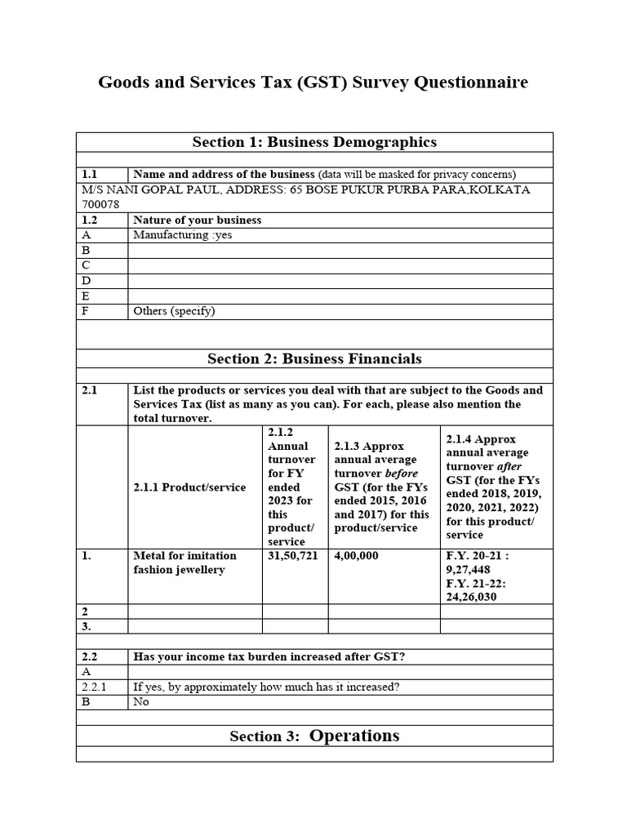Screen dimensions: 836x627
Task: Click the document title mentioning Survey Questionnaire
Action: tap(313, 83)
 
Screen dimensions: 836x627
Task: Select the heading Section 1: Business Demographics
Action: tap(314, 142)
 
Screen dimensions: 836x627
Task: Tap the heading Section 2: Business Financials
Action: tap(314, 358)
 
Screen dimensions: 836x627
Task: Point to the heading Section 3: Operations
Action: tap(314, 736)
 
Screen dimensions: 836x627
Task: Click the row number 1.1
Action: tap(90, 174)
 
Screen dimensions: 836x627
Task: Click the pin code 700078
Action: tap(99, 204)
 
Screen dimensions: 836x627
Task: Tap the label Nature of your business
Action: tap(197, 220)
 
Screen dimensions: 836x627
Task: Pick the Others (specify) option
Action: tap(174, 311)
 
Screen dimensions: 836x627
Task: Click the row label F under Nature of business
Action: tap(86, 311)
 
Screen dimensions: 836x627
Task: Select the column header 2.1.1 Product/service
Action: tap(189, 487)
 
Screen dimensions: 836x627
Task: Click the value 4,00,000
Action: tap(356, 556)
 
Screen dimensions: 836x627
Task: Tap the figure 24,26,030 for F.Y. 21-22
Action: tap(470, 597)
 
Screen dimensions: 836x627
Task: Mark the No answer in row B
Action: tap(141, 702)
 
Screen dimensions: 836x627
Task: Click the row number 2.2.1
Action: tap(94, 687)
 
